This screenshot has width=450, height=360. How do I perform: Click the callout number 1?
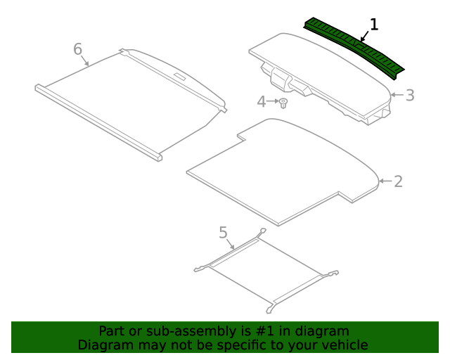click(x=374, y=25)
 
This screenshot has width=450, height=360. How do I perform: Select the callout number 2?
click(x=398, y=181)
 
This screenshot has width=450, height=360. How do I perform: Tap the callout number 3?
click(x=410, y=95)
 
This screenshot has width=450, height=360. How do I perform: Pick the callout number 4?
click(x=262, y=102)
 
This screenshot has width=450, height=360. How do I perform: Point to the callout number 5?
click(x=223, y=231)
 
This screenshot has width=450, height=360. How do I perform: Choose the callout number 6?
click(x=78, y=49)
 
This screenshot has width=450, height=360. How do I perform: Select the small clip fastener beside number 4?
click(x=283, y=103)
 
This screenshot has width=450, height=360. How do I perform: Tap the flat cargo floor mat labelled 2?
click(x=281, y=172)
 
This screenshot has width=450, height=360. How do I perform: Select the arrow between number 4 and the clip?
click(x=273, y=102)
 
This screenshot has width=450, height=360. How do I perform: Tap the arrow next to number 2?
click(x=385, y=181)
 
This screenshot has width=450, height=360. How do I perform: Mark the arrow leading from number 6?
click(x=86, y=59)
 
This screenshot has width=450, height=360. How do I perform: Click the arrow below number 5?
click(x=230, y=244)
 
